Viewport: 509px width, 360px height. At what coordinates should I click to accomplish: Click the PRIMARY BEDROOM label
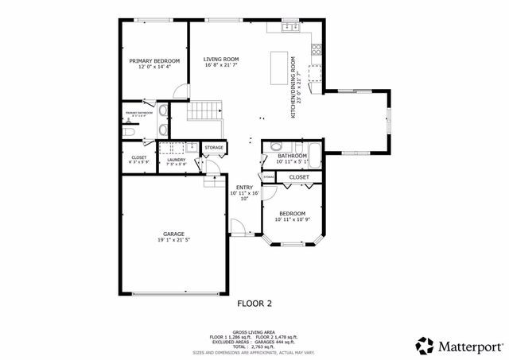(154, 61)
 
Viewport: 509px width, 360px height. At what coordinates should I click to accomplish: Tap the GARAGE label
(174, 234)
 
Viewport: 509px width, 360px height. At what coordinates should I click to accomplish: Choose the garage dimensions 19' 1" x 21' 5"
(174, 240)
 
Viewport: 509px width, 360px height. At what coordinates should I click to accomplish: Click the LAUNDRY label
(177, 160)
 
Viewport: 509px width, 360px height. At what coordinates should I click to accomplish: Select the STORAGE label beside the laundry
(214, 148)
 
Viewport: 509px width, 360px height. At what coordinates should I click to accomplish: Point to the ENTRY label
(244, 188)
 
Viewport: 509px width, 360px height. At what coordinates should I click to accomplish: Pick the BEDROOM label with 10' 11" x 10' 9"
(292, 214)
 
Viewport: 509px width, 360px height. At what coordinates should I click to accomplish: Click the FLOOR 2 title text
(254, 303)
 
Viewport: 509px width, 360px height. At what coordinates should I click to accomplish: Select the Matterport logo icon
(425, 344)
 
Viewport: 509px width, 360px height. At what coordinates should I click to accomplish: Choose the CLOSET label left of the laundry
(138, 157)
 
